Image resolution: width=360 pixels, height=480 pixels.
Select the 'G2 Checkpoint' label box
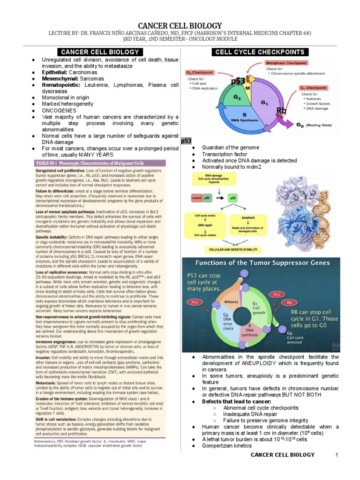(x=201, y=73)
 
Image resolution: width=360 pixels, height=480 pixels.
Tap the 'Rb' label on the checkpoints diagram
(x=282, y=111)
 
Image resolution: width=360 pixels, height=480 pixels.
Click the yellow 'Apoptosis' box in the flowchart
(x=248, y=218)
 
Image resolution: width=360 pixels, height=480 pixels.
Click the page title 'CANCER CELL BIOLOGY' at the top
(x=180, y=25)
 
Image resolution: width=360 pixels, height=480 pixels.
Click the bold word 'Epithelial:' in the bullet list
(x=55, y=73)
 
